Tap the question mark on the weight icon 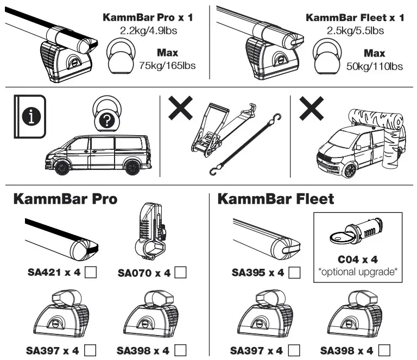[x=106, y=122]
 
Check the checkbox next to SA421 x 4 [x=91, y=272]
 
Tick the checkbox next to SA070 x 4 [x=181, y=272]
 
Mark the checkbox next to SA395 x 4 [x=294, y=272]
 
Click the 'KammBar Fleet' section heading [x=276, y=199]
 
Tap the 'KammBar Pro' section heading [x=65, y=199]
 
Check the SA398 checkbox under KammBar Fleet [x=385, y=350]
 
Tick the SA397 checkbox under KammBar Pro [x=91, y=350]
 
